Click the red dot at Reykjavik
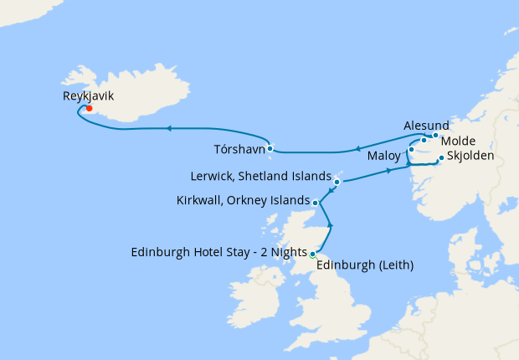[89, 108]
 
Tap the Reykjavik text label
[89, 96]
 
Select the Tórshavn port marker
[270, 148]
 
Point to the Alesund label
[427, 122]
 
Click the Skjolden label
[470, 156]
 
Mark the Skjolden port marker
[441, 157]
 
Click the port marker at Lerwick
[337, 181]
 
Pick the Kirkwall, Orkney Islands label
[244, 201]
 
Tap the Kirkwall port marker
[315, 203]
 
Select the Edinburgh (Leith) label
[366, 265]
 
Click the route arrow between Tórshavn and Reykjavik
[169, 128]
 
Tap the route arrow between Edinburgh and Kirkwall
[331, 224]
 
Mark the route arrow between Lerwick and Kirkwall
[328, 191]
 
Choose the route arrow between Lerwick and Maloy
[389, 171]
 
